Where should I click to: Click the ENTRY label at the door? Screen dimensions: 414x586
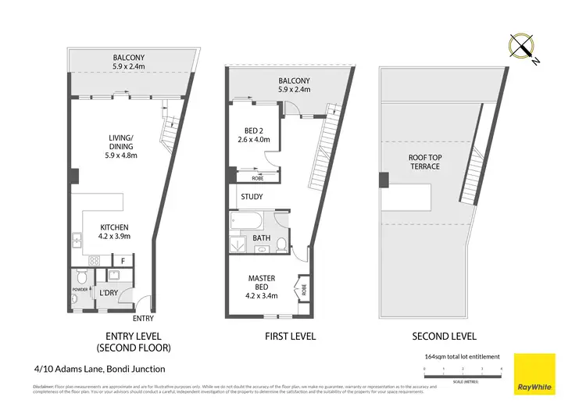click(x=144, y=318)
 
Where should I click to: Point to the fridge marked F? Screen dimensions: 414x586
click(x=123, y=259)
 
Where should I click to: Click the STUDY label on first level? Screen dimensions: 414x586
click(x=252, y=198)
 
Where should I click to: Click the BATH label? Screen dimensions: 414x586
click(x=262, y=238)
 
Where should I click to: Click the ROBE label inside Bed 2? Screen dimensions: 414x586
click(x=245, y=177)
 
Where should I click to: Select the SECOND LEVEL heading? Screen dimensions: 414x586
click(x=444, y=337)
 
